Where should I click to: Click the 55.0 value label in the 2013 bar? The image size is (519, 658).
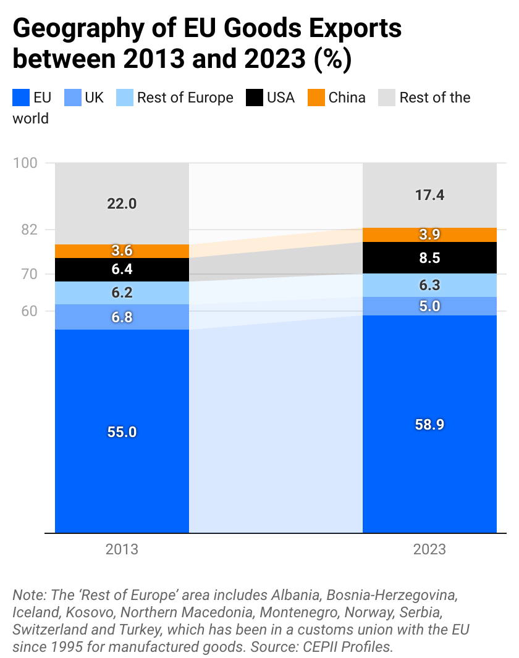click(122, 432)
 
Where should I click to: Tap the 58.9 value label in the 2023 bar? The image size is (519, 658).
click(429, 425)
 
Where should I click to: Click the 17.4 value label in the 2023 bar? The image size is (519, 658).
click(429, 196)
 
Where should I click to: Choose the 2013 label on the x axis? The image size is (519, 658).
click(122, 549)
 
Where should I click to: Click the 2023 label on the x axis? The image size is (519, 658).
click(429, 549)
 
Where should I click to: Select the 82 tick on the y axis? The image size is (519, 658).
click(30, 230)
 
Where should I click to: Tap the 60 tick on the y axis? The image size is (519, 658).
click(29, 311)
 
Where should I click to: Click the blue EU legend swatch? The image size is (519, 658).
click(21, 98)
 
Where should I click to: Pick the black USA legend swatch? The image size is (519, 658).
click(255, 98)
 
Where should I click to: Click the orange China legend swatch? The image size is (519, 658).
click(316, 98)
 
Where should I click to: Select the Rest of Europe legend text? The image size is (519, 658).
click(185, 98)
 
